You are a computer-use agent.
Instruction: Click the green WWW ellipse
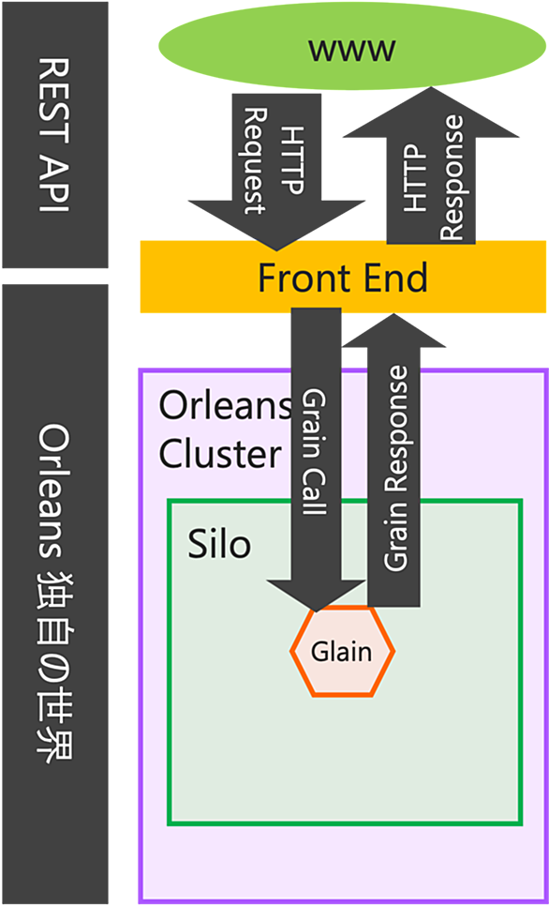tap(351, 46)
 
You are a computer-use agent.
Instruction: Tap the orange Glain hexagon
tap(343, 651)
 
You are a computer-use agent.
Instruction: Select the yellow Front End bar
tap(343, 278)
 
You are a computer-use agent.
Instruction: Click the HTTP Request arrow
tap(276, 172)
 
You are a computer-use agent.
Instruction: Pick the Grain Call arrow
tap(317, 460)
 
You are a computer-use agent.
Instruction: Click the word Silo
tap(220, 544)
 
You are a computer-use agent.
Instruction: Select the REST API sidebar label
tap(55, 134)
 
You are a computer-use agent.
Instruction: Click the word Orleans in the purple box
tap(225, 407)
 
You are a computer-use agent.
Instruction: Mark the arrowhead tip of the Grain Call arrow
tap(316, 611)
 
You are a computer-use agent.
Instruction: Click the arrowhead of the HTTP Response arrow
tap(431, 112)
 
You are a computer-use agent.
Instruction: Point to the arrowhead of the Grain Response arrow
tap(393, 330)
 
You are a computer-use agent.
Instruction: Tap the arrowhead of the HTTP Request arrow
tap(276, 226)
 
